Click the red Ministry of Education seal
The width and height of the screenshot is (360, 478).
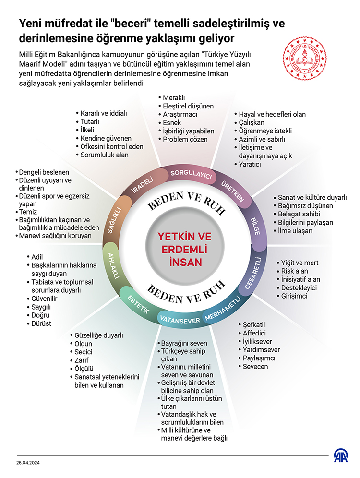pos(304,59)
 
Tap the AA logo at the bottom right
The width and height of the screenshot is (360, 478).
pos(341,455)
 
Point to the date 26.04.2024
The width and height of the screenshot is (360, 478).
pos(28,463)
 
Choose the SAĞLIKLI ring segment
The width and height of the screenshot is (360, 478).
pos(115,220)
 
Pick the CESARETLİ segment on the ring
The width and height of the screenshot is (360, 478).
pos(253,273)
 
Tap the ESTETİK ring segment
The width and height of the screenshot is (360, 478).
pos(138,304)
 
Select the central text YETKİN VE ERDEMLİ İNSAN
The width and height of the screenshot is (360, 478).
pos(185,250)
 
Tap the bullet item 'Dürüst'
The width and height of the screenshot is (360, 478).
pos(39,323)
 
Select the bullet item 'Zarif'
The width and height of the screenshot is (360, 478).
pos(79,360)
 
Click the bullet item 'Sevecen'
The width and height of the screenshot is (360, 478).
pos(253,367)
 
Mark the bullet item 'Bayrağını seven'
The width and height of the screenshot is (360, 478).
pos(182,343)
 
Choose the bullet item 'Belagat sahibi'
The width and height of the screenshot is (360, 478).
pos(297,214)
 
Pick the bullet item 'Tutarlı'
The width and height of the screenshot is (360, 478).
pos(87,121)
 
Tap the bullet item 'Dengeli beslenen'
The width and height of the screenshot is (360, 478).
pos(42,172)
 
